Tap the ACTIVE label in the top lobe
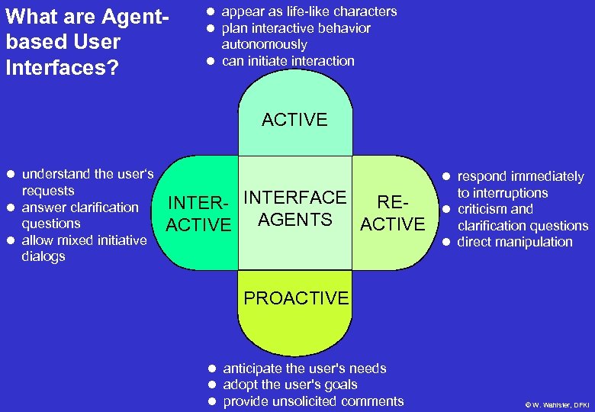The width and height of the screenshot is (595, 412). coord(294,120)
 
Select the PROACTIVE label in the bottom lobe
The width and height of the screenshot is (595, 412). coord(296,298)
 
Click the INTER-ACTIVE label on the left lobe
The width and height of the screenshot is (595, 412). coord(198,214)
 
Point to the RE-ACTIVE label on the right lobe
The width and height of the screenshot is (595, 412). coord(392,214)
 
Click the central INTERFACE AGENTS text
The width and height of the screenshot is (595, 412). coord(295,208)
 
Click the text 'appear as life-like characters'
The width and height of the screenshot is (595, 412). coord(309,11)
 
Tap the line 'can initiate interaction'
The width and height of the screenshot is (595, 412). coord(288,61)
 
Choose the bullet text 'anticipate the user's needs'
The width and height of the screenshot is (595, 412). coord(304,369)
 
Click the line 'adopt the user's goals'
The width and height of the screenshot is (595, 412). coord(290,385)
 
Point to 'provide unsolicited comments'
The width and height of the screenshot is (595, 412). coord(313,401)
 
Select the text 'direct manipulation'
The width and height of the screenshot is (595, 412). coord(514,242)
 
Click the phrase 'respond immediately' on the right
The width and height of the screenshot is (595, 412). coord(520,176)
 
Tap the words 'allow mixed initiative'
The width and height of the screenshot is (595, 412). coord(84,240)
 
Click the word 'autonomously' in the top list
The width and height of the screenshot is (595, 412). coord(264,44)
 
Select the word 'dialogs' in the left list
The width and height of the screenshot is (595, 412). coord(43,256)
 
